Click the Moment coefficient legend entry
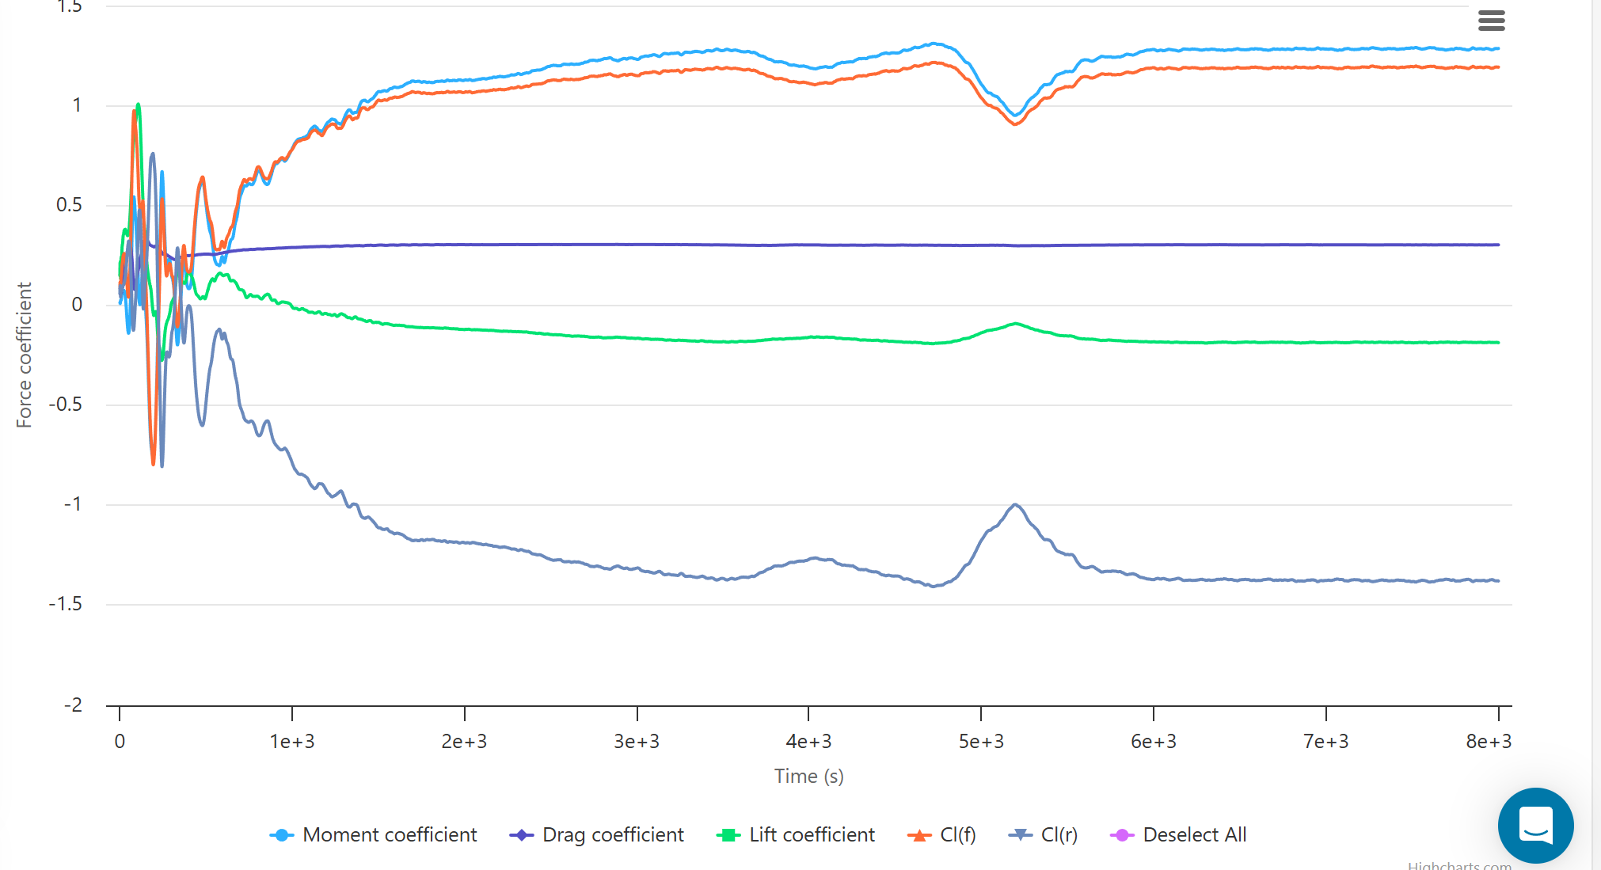[x=374, y=835]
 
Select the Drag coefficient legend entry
[x=597, y=835]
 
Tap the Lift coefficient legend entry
[x=796, y=835]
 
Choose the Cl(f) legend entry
[x=942, y=835]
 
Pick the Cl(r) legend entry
[x=1044, y=835]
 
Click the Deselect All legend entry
[x=1179, y=835]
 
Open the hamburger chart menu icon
[x=1491, y=21]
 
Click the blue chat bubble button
[x=1535, y=825]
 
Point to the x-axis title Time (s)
[x=808, y=776]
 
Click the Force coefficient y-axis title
[x=24, y=355]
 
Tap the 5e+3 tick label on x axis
[x=981, y=742]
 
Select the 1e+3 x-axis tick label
[x=292, y=742]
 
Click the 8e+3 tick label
[x=1489, y=742]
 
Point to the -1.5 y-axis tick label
[x=65, y=604]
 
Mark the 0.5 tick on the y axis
[x=69, y=205]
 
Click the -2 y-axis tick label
[x=73, y=705]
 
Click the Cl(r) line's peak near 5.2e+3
[x=1015, y=505]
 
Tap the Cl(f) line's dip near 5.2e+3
[x=1015, y=123]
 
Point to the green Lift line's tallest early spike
[x=139, y=104]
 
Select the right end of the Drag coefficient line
[x=1497, y=245]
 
